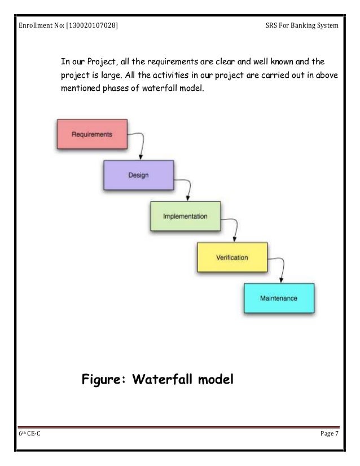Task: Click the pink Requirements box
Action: (x=91, y=134)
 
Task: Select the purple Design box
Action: (x=138, y=175)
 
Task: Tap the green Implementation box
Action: (x=185, y=216)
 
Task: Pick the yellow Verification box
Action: (x=232, y=257)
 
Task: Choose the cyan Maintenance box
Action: (x=278, y=298)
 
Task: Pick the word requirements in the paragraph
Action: (x=168, y=61)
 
